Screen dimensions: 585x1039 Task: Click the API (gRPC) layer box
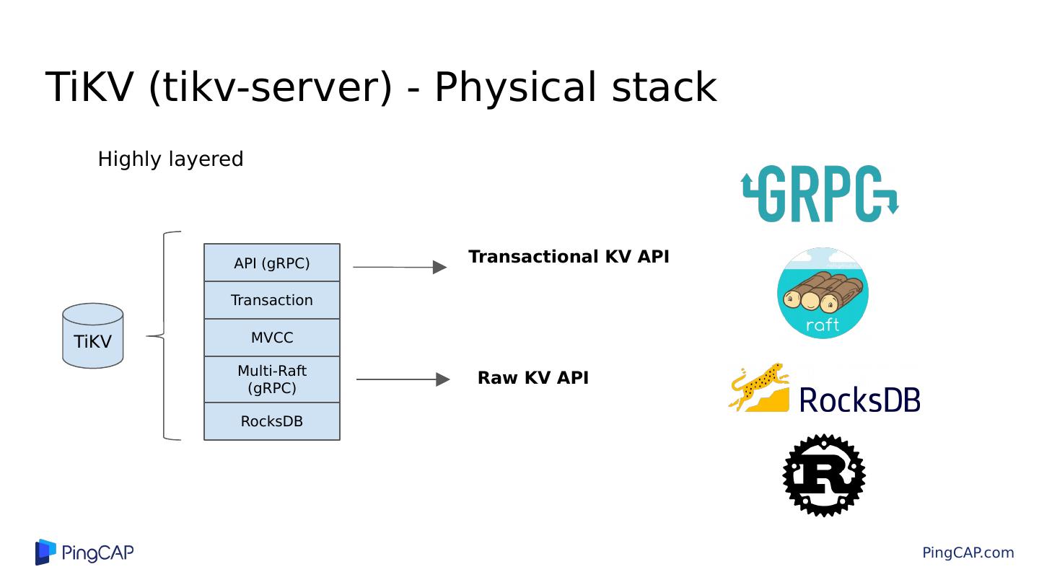272,263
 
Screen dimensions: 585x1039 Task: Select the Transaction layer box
272,300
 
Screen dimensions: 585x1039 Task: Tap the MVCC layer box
272,338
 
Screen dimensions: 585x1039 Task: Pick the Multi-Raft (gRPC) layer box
272,379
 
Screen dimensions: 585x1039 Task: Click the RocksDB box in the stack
272,421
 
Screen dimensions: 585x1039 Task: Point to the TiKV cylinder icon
93,336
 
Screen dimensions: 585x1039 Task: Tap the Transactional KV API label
569,257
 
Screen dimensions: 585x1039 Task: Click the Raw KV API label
533,378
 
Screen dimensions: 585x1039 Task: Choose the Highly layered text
170,159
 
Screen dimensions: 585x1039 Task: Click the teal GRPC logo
820,193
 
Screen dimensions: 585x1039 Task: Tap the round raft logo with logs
823,293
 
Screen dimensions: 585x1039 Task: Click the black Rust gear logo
823,475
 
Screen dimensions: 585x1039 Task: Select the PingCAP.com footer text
968,553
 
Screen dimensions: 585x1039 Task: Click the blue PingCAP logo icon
45,552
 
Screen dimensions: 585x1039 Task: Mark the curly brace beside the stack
165,336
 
